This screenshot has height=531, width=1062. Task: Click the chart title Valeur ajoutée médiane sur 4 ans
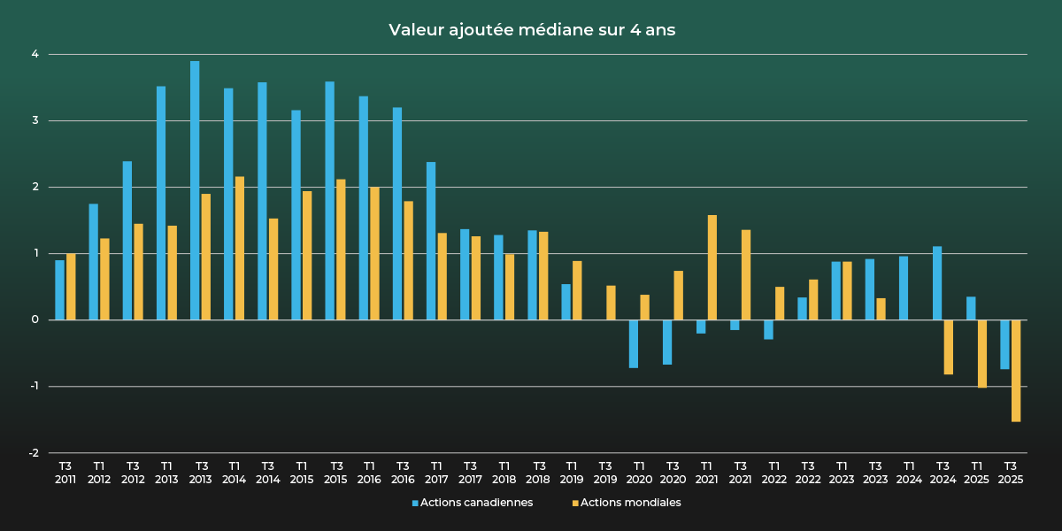pyautogui.click(x=531, y=30)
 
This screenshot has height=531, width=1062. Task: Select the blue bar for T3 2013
pyautogui.click(x=195, y=190)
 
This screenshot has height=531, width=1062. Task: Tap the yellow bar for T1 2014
pyautogui.click(x=240, y=248)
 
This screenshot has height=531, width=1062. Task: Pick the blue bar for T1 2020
pyautogui.click(x=634, y=343)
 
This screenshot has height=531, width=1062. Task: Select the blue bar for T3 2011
pyautogui.click(x=59, y=289)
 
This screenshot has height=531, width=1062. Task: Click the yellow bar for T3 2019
pyautogui.click(x=611, y=303)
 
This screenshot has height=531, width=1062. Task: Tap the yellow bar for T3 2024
pyautogui.click(x=949, y=347)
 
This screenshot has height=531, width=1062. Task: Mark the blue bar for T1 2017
pyautogui.click(x=431, y=241)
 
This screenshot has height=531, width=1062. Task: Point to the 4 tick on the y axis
pyautogui.click(x=35, y=54)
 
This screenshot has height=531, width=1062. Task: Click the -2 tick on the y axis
pyautogui.click(x=34, y=453)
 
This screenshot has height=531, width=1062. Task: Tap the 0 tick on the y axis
pyautogui.click(x=35, y=319)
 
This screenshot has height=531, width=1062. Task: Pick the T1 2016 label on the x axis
pyautogui.click(x=369, y=473)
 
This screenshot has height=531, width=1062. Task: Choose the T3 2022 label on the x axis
pyautogui.click(x=807, y=473)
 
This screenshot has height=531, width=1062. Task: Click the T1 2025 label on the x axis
pyautogui.click(x=976, y=473)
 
